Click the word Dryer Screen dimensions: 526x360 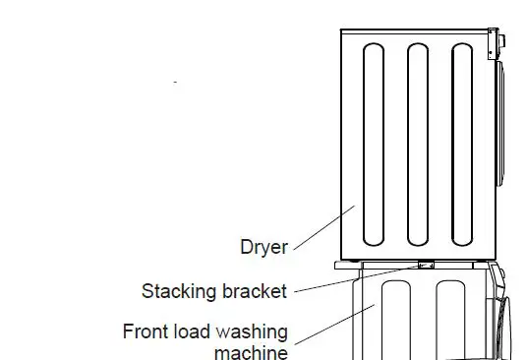point(264,247)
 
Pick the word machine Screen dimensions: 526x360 point(251,352)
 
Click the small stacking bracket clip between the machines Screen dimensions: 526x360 point(427,264)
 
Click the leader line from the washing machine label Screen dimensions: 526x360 point(329,325)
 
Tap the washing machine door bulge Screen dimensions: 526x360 point(506,325)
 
